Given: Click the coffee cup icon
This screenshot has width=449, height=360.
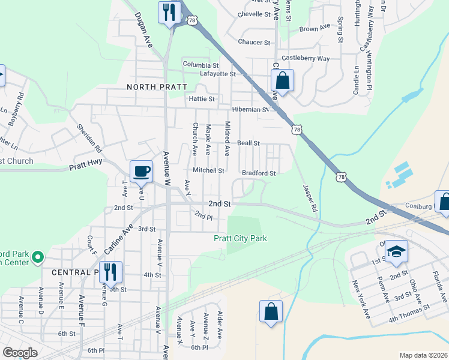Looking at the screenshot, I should tap(141, 172).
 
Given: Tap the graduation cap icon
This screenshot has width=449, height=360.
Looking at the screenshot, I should tap(396, 251).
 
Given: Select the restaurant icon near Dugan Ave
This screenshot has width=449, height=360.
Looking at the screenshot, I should tap(169, 12).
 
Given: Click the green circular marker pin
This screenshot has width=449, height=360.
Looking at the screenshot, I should tap(38, 258).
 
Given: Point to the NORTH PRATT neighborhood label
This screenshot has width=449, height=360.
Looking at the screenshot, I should tap(149, 87).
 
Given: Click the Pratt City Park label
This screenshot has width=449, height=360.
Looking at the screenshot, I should tap(241, 239).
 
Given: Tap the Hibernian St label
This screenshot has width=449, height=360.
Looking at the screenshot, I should tap(250, 110).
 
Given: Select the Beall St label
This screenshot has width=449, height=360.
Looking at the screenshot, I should tap(248, 143).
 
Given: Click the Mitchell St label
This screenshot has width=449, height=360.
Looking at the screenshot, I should tap(208, 170).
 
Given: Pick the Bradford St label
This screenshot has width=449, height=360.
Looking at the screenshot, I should tap(259, 173).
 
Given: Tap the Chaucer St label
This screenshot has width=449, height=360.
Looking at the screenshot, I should tap(254, 42).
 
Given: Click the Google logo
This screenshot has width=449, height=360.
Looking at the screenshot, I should tap(20, 353).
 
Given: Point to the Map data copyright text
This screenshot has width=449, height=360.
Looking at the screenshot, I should tap(423, 355).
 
